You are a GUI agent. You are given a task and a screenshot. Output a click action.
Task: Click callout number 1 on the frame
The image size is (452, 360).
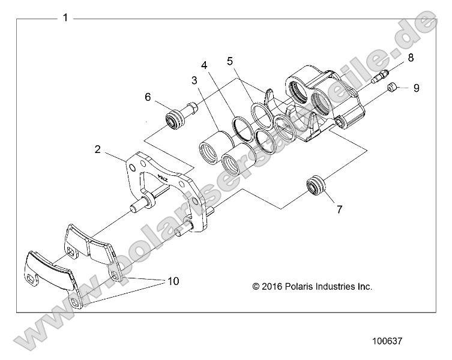[65, 18]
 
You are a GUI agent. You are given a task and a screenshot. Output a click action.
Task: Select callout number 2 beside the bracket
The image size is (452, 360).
[97, 149]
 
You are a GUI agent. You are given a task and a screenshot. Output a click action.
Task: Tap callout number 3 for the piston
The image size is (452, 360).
[194, 80]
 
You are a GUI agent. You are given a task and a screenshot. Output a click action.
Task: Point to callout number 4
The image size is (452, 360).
[204, 65]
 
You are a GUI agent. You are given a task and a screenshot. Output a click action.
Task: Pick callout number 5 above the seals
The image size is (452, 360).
[230, 61]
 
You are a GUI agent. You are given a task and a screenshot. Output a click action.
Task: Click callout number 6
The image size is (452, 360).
[147, 97]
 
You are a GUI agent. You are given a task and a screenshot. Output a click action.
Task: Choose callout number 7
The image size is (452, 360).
[339, 209]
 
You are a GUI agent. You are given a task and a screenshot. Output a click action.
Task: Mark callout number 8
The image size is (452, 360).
[411, 58]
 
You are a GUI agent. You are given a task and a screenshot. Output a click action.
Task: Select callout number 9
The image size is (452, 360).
[416, 88]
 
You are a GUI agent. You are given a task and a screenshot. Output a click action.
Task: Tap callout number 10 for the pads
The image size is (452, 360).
[173, 281]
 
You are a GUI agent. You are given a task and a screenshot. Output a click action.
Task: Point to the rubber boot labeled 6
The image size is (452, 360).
[176, 119]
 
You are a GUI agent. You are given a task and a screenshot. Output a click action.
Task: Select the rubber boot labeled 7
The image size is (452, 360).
[315, 185]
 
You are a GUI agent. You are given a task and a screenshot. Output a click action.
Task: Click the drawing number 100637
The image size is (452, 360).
[388, 340]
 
